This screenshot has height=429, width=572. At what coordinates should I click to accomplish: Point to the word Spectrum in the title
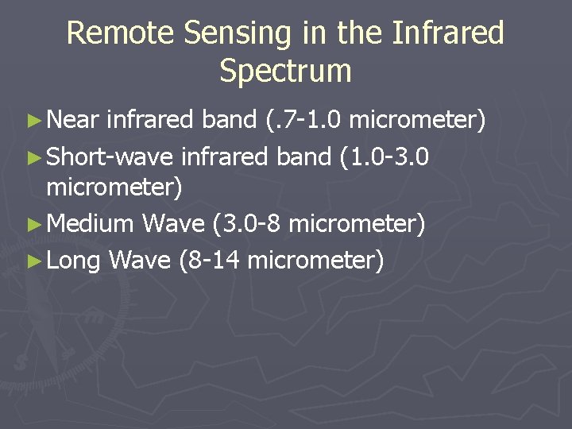285,71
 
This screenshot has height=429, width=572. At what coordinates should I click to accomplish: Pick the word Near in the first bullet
73,120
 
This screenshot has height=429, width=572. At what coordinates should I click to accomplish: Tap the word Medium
90,224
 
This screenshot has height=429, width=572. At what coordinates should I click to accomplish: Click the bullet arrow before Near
33,121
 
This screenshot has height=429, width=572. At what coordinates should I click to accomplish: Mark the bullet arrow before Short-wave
33,157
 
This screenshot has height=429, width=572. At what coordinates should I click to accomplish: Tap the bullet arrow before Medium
33,225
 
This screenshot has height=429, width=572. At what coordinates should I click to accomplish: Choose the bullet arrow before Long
33,260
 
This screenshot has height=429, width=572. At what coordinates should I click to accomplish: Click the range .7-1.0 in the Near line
305,120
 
